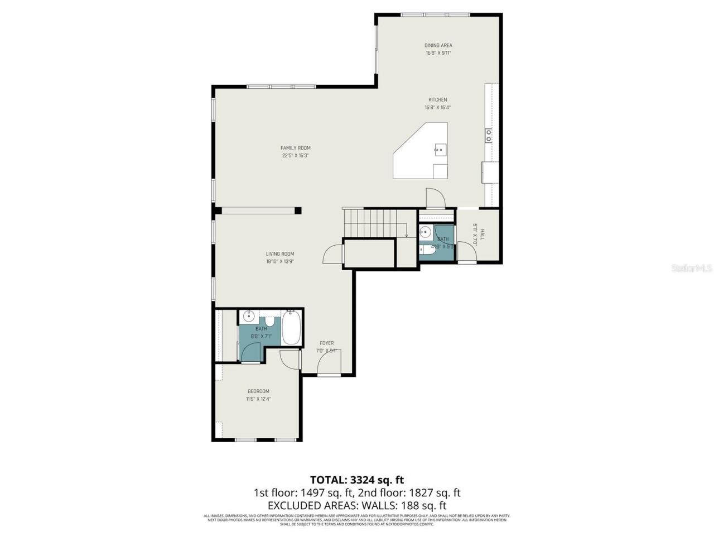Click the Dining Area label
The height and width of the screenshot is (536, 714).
(438, 45)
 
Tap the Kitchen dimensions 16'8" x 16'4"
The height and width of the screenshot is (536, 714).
(437, 108)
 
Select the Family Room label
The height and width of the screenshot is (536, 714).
(295, 148)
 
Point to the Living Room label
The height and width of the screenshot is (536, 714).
(279, 254)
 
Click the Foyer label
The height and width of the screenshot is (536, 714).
(326, 343)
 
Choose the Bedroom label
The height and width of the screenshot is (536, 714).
(258, 391)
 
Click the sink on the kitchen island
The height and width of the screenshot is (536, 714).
(440, 149)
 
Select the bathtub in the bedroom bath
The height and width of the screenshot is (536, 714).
(291, 328)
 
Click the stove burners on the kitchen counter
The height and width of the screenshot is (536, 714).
(489, 135)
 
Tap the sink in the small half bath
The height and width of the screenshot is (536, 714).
(425, 232)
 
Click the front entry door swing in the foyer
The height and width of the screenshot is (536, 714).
(329, 365)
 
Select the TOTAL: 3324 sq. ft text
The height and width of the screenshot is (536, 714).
(356, 480)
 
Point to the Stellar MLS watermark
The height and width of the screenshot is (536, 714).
(691, 269)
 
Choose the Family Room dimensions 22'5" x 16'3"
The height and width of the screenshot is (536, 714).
(295, 156)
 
